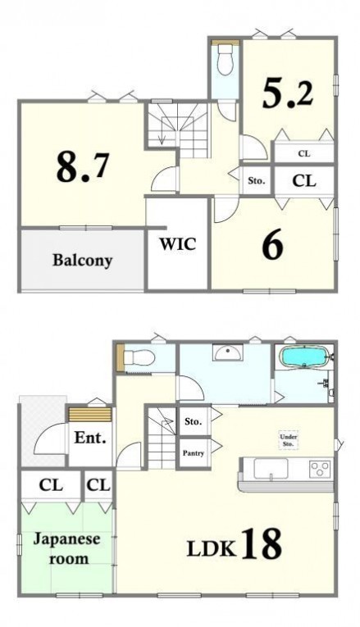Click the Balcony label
(82, 261)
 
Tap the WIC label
(178, 243)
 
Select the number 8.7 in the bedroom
(82, 166)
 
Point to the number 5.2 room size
(288, 93)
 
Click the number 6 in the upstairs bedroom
(273, 245)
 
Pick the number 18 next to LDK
(262, 544)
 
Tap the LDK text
(212, 549)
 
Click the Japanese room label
(66, 548)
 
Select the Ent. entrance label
(90, 438)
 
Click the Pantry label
(194, 453)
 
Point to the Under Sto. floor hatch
(288, 440)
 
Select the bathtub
(304, 357)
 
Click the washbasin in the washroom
(227, 352)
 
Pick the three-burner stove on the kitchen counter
(321, 468)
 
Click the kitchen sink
(271, 469)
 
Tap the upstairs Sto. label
(257, 181)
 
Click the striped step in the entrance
(90, 415)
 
